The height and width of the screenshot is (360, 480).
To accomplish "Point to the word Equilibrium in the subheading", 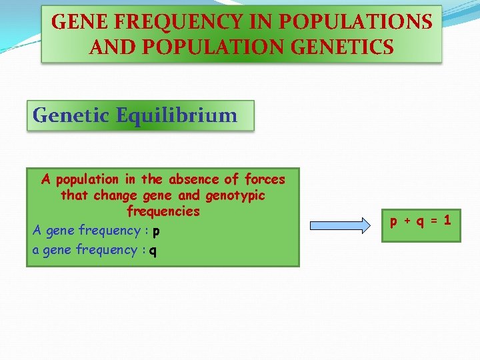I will coord(176,115).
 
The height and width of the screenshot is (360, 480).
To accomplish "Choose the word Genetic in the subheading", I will coord(71,115).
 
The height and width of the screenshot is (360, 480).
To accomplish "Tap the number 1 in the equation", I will coord(447,219).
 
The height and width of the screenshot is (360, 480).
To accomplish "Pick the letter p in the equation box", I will coord(394,220).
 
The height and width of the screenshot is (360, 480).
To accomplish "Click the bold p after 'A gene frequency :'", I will coord(155,231).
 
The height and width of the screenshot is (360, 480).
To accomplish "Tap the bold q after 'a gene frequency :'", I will coord(153,251).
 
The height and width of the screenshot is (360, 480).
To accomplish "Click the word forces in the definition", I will coord(265,179).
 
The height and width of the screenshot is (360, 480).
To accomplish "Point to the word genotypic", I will coord(235,195).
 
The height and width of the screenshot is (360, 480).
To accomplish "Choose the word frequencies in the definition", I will coord(163,211).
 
